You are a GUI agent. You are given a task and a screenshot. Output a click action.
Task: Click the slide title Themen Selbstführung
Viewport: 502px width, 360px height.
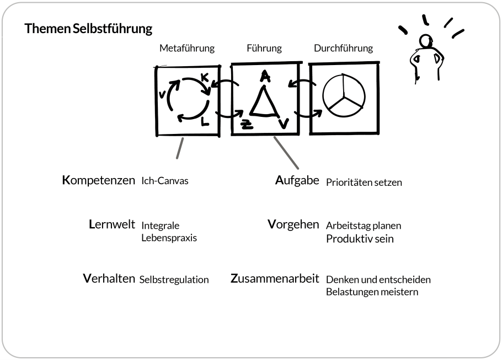point(88,29)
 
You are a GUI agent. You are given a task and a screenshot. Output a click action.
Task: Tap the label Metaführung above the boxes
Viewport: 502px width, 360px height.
point(186,49)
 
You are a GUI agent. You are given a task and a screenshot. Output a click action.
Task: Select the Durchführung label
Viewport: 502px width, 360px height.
point(343,49)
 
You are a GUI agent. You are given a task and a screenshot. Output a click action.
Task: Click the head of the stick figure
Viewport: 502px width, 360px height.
point(424,42)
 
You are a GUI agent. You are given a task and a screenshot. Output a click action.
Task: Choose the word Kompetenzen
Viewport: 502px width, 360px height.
point(99,180)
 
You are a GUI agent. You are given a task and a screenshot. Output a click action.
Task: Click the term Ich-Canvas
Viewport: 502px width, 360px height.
point(165,181)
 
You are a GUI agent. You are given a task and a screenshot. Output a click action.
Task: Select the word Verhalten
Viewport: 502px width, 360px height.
point(109,279)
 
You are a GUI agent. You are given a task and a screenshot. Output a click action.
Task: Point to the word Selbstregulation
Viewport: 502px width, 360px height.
point(174,280)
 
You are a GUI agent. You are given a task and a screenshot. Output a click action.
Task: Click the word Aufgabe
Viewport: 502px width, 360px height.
point(297,180)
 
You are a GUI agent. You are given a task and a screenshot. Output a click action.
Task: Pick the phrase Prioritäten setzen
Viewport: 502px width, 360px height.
point(364,182)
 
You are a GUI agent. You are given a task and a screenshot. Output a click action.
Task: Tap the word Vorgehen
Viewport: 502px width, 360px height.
point(293,225)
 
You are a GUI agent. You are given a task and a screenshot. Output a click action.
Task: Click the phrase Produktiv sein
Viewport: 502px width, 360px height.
point(360,239)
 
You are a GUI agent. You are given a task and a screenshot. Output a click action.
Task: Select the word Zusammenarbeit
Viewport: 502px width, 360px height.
point(275,279)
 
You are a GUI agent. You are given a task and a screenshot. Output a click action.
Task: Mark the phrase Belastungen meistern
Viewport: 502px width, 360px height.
point(372,292)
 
